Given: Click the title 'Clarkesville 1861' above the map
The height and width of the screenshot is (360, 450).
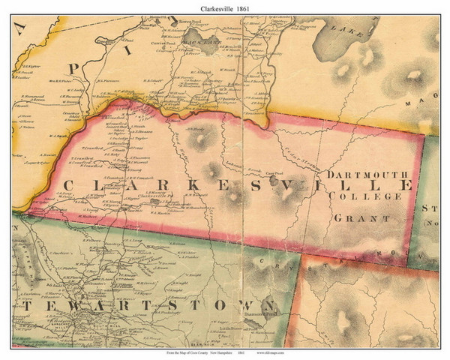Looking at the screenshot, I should pos(225,7).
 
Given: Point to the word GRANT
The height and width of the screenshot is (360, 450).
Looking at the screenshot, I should pos(361,218).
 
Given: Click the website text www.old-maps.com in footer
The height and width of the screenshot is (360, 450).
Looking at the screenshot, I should pos(271,352).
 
